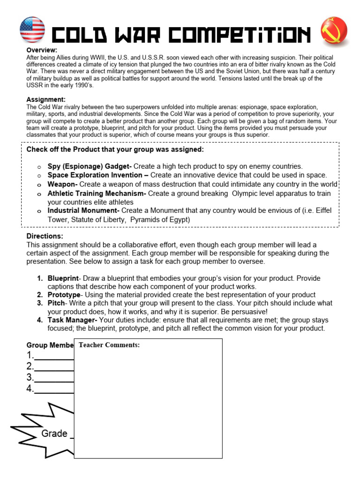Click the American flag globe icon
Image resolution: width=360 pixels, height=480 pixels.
[x=32, y=30]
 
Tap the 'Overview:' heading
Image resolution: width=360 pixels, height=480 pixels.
[x=42, y=50]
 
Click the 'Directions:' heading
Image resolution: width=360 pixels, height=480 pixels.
[x=45, y=236]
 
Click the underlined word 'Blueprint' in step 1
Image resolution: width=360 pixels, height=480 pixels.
[x=63, y=278]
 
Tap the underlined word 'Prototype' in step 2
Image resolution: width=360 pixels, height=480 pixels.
[x=64, y=295]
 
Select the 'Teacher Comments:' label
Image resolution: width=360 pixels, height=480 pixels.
[x=109, y=345]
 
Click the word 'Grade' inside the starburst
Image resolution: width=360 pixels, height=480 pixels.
[x=54, y=434]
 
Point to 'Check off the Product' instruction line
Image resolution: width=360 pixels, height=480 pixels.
[x=115, y=150]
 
